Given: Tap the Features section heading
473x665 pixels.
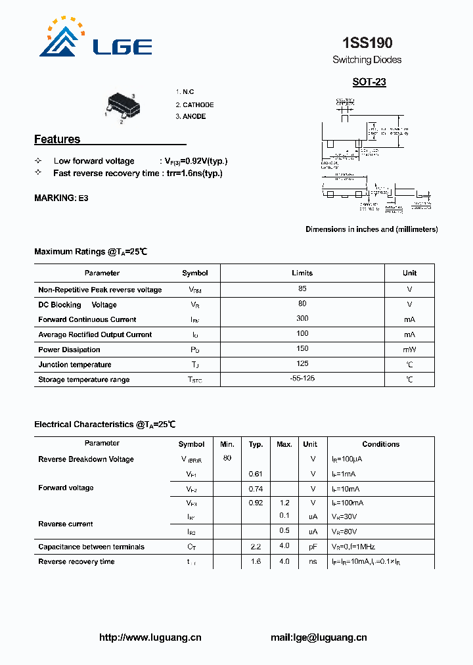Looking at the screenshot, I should pyautogui.click(x=57, y=139).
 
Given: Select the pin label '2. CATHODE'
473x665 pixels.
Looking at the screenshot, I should pyautogui.click(x=194, y=104).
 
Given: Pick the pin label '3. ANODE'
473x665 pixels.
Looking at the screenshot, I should pyautogui.click(x=191, y=116).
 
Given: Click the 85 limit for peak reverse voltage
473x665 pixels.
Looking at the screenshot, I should pyautogui.click(x=302, y=288).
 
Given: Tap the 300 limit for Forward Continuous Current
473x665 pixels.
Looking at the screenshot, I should pyautogui.click(x=302, y=319).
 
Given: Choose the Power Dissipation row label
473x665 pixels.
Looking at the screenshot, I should pyautogui.click(x=69, y=350).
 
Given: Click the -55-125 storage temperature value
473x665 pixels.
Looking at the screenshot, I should pyautogui.click(x=302, y=378).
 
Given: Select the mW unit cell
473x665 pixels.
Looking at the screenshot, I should pyautogui.click(x=410, y=350).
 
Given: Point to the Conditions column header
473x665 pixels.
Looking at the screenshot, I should pyautogui.click(x=381, y=444).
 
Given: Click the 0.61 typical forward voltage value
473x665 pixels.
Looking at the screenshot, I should pyautogui.click(x=256, y=473).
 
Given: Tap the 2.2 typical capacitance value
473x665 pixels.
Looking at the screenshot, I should pyautogui.click(x=256, y=546).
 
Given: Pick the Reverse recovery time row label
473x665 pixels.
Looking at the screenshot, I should pyautogui.click(x=76, y=561).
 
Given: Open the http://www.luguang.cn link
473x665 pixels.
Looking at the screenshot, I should pyautogui.click(x=150, y=637).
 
